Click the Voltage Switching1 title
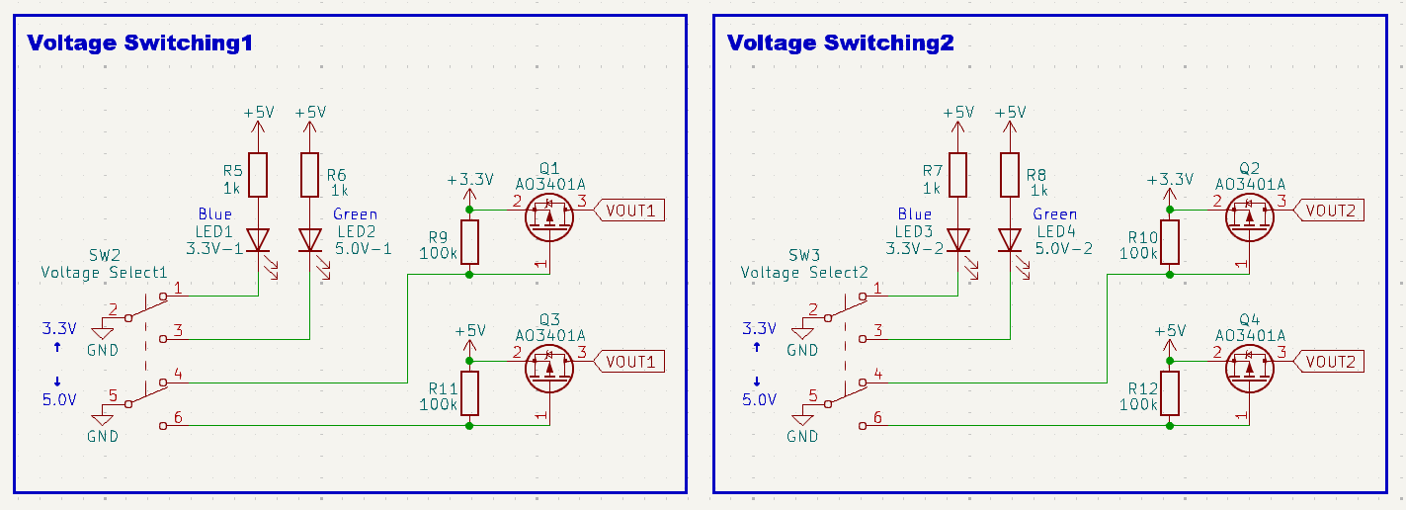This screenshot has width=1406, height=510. click(139, 43)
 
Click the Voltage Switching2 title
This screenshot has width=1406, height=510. click(840, 43)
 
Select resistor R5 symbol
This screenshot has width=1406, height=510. click(259, 175)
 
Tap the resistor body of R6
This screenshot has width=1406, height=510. click(310, 175)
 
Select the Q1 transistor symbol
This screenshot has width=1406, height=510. click(550, 217)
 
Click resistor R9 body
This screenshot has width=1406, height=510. click(469, 241)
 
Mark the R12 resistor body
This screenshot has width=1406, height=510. click(1170, 393)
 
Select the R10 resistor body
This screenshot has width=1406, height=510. click(1170, 241)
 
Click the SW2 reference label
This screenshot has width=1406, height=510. click(109, 256)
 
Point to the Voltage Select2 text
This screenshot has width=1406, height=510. click(804, 273)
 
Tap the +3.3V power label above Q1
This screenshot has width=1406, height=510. click(469, 180)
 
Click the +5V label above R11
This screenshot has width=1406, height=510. click(469, 331)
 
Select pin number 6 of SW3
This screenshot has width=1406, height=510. click(877, 417)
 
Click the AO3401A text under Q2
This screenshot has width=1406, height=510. click(1250, 184)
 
